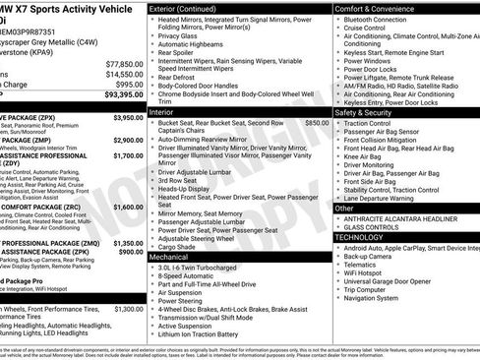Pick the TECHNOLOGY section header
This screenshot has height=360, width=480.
point(364,237)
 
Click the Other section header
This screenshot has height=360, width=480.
point(345,209)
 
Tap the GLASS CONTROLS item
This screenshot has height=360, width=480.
point(374,226)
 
